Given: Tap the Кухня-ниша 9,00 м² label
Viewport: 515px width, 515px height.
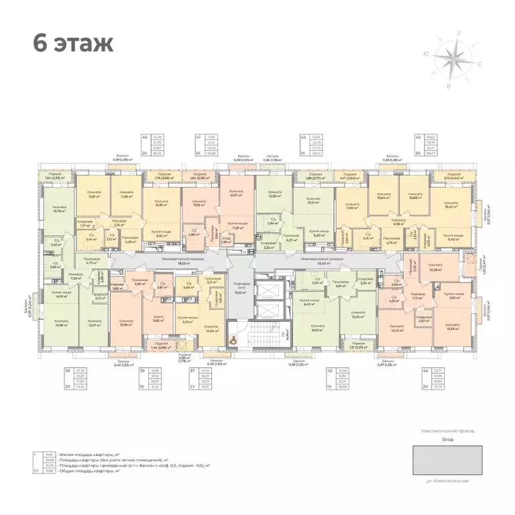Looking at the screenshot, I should point(317,234).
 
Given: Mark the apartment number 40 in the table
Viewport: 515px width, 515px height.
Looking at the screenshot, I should point(145,137).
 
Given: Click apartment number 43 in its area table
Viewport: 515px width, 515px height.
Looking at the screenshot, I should point(418,137).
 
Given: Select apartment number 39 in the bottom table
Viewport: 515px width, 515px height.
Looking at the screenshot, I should point(67,370).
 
